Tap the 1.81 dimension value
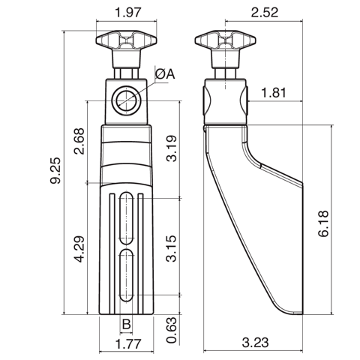274,93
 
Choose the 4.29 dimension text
80,250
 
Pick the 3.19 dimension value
172,148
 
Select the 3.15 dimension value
172,247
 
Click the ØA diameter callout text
166,73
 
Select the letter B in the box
127,324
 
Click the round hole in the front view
126,100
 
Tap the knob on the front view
126,40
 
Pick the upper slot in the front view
127,217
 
